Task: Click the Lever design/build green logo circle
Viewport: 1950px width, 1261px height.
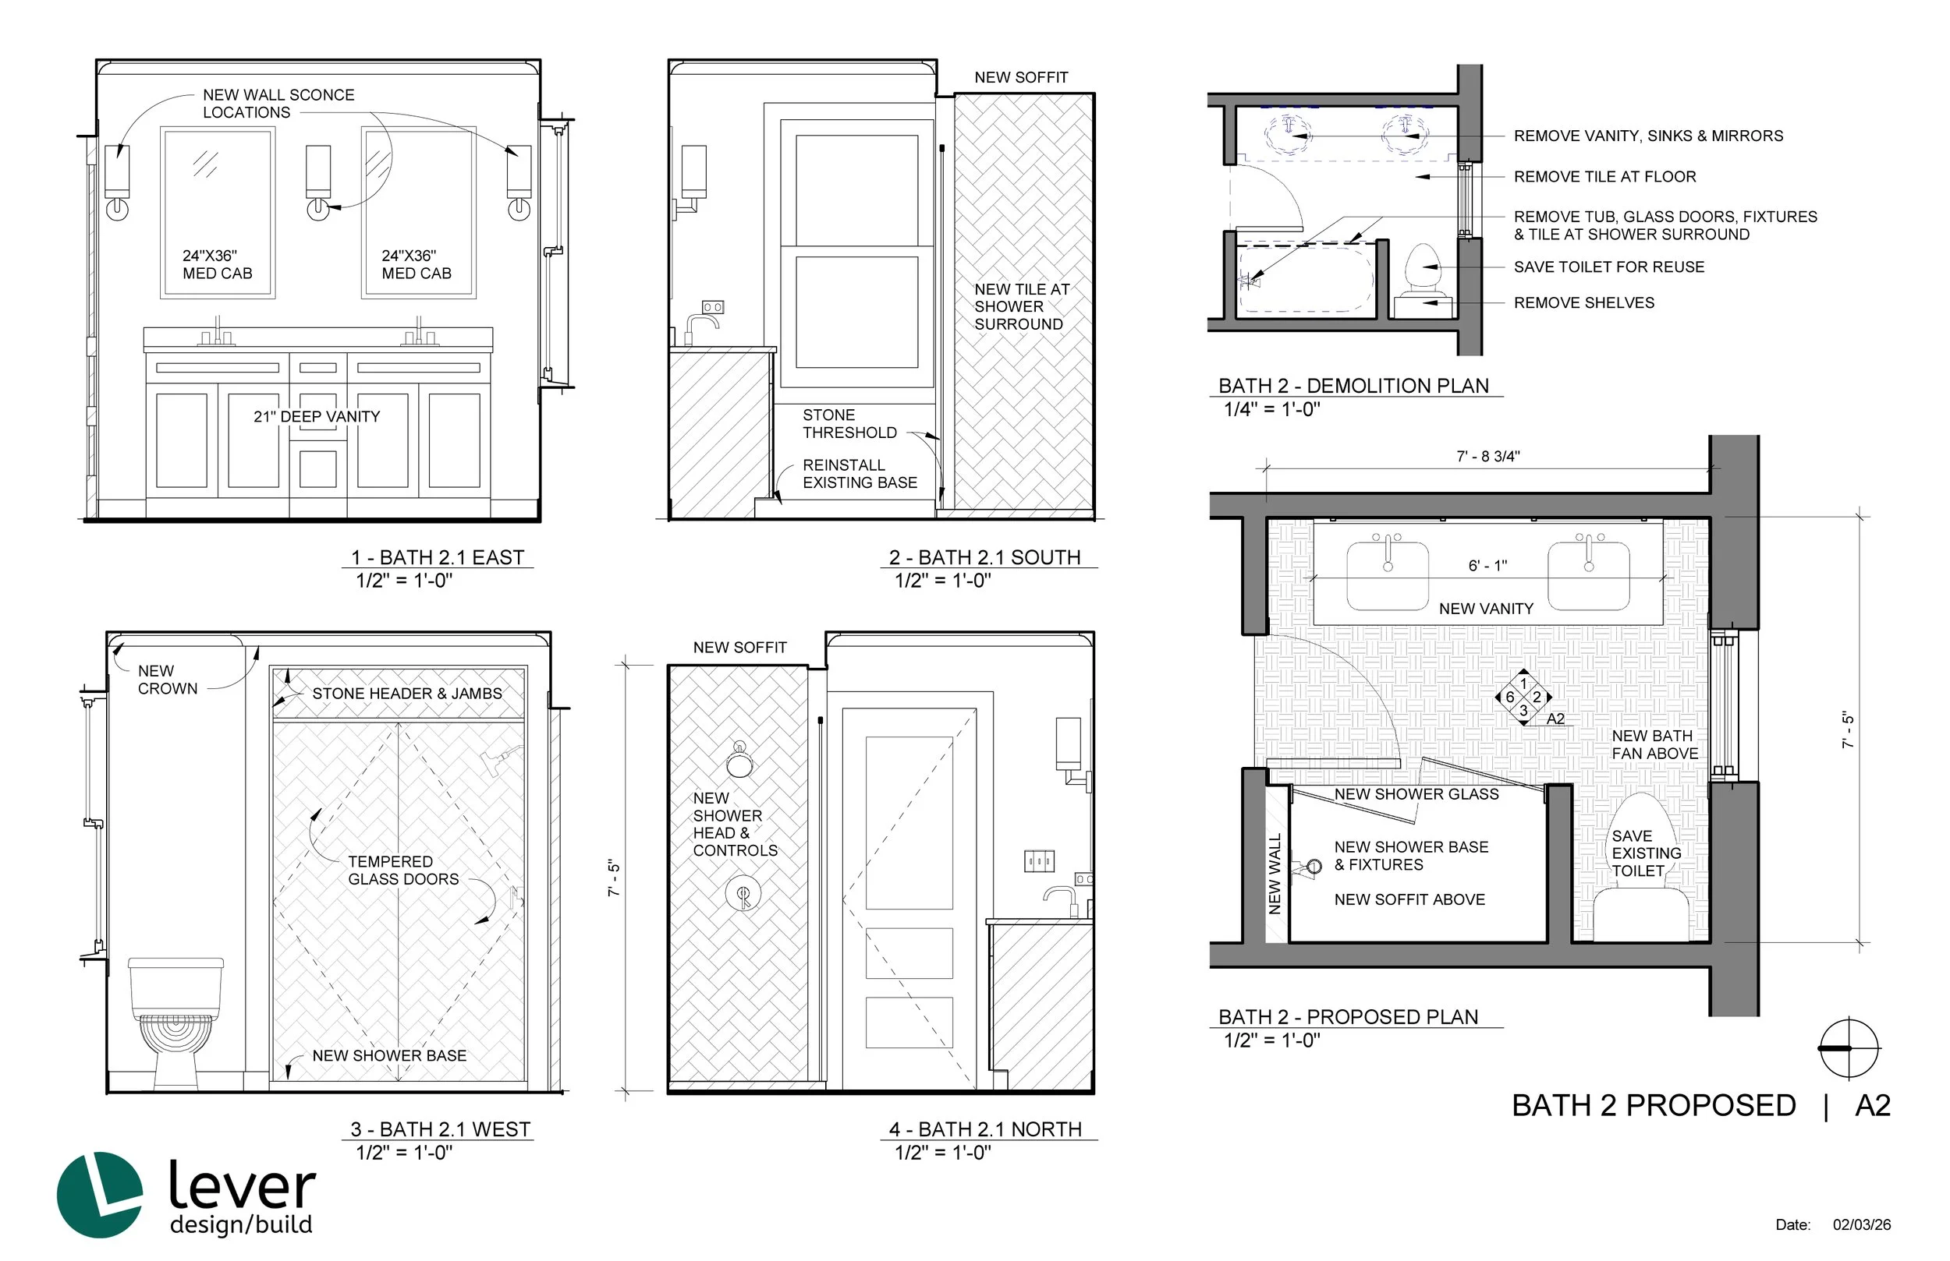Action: click(99, 1195)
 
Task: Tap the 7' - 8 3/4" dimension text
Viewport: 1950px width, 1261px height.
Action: click(1488, 456)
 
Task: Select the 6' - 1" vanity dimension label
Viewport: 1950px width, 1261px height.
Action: click(1487, 565)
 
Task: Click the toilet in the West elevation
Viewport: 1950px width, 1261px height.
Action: click(175, 1021)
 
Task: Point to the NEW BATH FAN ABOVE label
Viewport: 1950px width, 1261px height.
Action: click(1654, 744)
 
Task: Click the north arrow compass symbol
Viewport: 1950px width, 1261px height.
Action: click(1849, 1048)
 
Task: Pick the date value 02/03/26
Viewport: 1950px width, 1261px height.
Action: click(1862, 1225)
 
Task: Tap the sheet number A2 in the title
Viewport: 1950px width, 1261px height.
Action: click(1873, 1105)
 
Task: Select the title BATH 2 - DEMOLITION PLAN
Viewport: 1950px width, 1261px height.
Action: click(1353, 386)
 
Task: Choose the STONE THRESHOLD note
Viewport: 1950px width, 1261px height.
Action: click(849, 423)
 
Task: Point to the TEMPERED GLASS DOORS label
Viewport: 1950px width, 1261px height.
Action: click(403, 870)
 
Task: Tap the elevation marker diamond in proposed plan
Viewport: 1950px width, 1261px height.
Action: click(1523, 697)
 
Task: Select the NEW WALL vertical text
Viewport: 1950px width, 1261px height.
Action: click(1274, 873)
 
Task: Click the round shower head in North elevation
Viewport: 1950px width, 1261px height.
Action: click(740, 761)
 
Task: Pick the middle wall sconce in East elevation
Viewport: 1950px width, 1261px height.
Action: click(318, 182)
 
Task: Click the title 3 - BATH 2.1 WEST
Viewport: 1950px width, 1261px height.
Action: click(441, 1129)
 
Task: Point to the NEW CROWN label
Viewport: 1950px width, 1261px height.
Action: click(167, 680)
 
